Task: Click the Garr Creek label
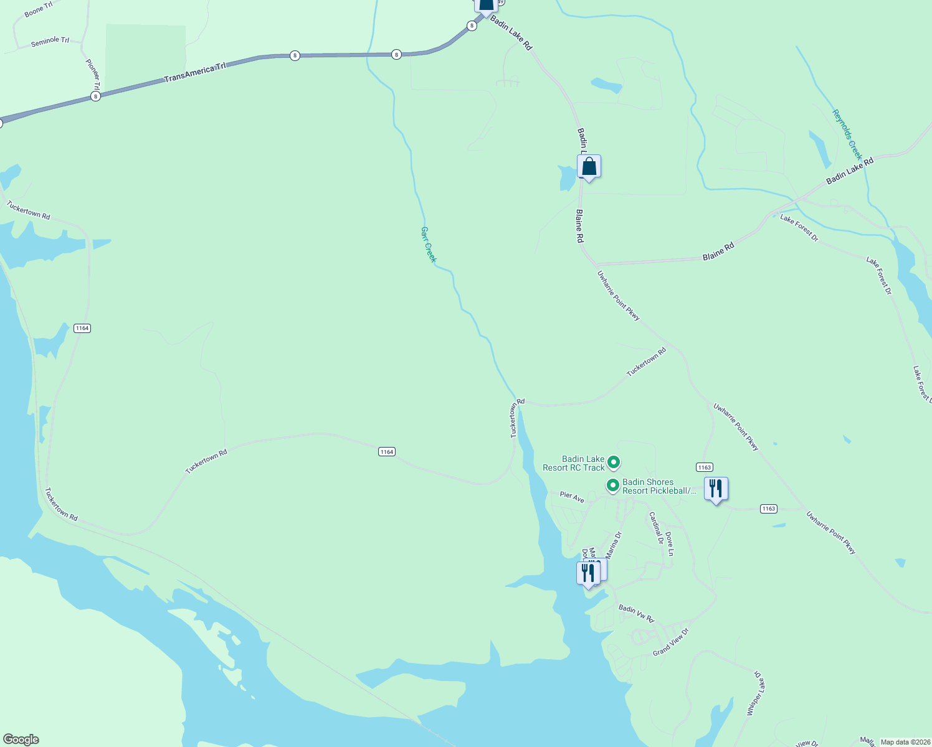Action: click(x=428, y=244)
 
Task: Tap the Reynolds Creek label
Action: click(x=847, y=134)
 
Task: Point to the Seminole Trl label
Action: click(x=50, y=41)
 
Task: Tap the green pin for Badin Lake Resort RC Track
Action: click(x=614, y=463)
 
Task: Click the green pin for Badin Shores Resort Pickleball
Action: click(x=612, y=485)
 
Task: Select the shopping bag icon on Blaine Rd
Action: click(x=589, y=167)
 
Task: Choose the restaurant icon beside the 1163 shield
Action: click(x=716, y=489)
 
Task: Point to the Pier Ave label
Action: click(x=572, y=497)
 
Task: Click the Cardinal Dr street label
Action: click(x=656, y=528)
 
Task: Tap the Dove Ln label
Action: click(x=670, y=543)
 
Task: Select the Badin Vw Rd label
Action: click(x=636, y=613)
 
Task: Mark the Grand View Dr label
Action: click(x=671, y=642)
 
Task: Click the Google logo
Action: click(x=21, y=740)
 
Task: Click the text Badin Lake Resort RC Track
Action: click(x=574, y=463)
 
